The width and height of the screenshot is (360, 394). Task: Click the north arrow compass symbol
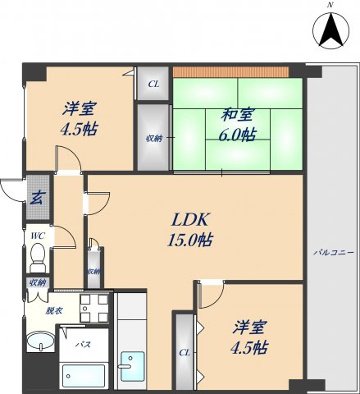[330, 30]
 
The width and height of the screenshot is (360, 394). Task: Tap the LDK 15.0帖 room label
[190, 229]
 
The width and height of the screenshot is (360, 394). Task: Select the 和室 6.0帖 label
[238, 125]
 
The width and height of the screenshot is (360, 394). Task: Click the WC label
[38, 236]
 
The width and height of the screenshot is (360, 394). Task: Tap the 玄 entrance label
[37, 198]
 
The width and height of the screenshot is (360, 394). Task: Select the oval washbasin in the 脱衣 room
[40, 341]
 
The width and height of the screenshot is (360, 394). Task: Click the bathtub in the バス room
[84, 375]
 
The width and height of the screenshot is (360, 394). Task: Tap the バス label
[83, 345]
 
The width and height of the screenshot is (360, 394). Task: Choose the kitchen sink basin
[132, 366]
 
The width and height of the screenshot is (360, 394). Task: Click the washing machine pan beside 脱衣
[94, 309]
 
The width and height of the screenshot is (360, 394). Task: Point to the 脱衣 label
[54, 310]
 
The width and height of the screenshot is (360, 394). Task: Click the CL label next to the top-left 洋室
[153, 84]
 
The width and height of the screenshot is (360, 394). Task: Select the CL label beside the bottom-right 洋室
[185, 353]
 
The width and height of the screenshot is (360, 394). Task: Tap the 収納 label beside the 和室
[154, 139]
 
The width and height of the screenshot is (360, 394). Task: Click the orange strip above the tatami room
[230, 72]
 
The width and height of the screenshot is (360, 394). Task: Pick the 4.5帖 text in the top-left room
[79, 129]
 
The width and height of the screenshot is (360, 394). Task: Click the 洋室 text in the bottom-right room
[249, 328]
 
